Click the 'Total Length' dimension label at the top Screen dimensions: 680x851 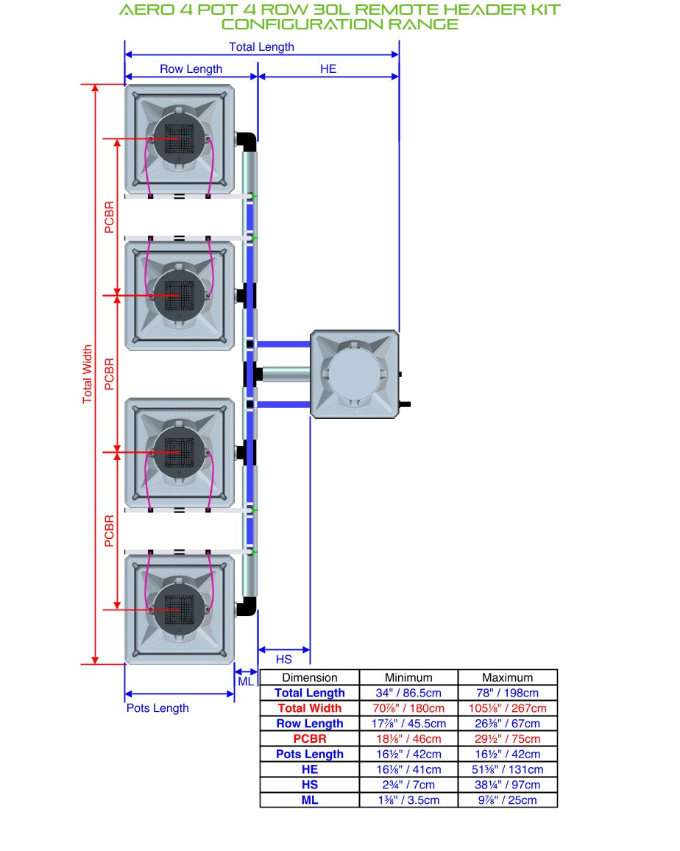(x=261, y=47)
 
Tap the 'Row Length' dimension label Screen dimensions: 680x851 (x=191, y=69)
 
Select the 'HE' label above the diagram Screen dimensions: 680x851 (x=328, y=69)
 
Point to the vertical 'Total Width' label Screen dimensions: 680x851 (x=88, y=375)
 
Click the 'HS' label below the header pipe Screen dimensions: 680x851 (x=284, y=660)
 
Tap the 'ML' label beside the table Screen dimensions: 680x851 (x=246, y=681)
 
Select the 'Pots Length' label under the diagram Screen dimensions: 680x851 (x=157, y=708)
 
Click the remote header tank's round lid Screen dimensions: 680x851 (x=354, y=374)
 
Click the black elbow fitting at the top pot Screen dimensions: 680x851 (x=247, y=142)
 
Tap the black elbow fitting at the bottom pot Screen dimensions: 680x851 (x=247, y=607)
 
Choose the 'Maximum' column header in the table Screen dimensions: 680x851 (x=507, y=677)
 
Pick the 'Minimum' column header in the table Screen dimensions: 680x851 (x=408, y=677)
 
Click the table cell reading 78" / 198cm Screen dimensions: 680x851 (x=507, y=693)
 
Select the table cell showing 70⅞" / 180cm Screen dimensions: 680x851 (x=408, y=708)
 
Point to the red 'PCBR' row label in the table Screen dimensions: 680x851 (x=310, y=738)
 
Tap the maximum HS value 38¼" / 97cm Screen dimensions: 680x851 (x=507, y=785)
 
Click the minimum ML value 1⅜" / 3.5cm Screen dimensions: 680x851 (x=408, y=800)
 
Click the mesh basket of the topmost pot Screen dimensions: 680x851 (x=179, y=139)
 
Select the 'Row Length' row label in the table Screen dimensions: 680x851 (x=310, y=724)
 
